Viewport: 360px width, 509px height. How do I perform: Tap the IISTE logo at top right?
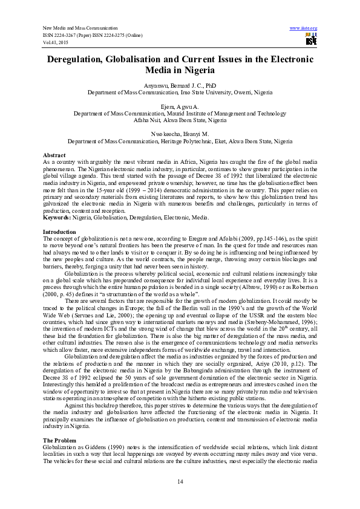pyautogui.click(x=310, y=40)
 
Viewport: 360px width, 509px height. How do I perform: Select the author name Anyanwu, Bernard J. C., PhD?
pyautogui.click(x=180, y=86)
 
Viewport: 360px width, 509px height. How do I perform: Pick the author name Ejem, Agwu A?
pyautogui.click(x=180, y=106)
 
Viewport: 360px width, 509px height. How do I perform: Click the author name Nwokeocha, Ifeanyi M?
pyautogui.click(x=180, y=134)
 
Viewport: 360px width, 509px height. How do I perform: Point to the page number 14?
pyautogui.click(x=180, y=481)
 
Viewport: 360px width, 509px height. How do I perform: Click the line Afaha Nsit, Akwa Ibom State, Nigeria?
pyautogui.click(x=180, y=120)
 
